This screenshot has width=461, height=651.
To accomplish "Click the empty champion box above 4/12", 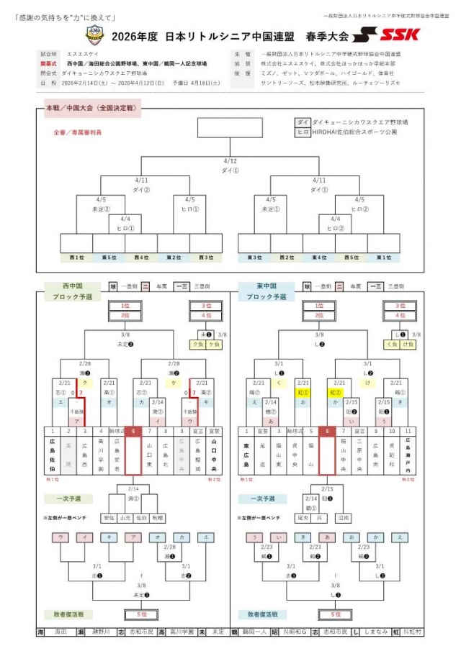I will tap(230, 128).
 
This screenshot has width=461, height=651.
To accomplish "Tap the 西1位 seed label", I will tap(76, 257).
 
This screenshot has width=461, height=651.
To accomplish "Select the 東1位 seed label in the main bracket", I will tap(384, 257).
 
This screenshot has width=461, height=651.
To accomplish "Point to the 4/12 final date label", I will tap(230, 161).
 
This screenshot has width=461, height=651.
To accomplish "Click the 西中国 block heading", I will tap(68, 286).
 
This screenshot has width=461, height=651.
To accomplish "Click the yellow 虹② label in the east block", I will tap(335, 393).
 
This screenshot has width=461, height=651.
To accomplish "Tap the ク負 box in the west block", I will tap(197, 344).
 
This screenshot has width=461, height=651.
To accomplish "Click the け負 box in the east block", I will tap(409, 344).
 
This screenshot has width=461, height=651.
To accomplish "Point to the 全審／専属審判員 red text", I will tap(77, 132).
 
